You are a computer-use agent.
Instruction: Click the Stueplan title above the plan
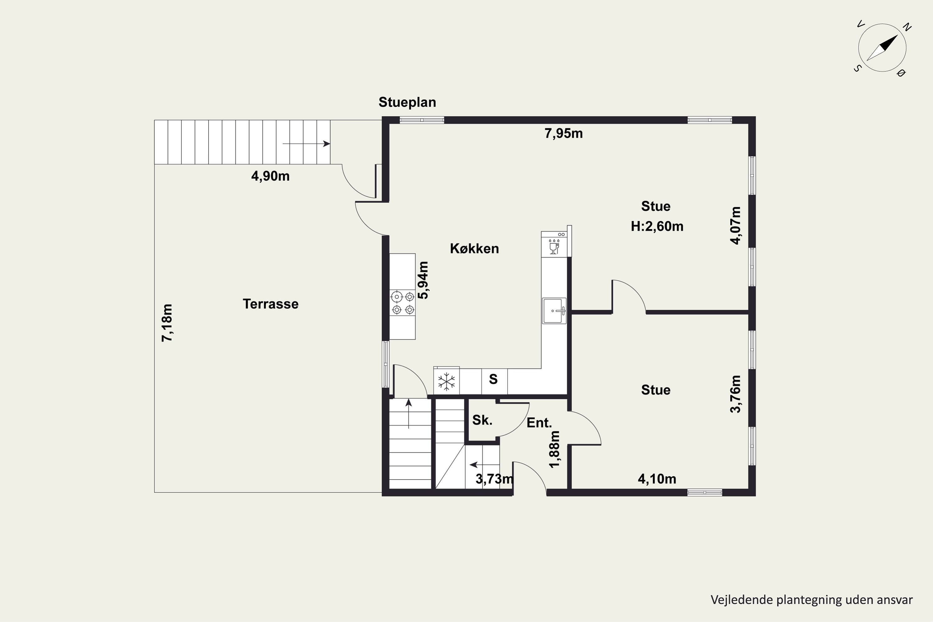pyautogui.click(x=407, y=102)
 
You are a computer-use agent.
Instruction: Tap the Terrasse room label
pyautogui.click(x=271, y=304)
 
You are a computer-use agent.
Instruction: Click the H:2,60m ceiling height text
pyautogui.click(x=657, y=226)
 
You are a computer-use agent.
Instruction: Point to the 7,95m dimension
pyautogui.click(x=563, y=134)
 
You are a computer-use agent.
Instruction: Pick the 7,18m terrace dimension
pyautogui.click(x=167, y=323)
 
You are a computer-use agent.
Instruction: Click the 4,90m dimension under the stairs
pyautogui.click(x=270, y=176)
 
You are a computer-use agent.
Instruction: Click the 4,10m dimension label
pyautogui.click(x=657, y=479)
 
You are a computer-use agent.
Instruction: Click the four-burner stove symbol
pyautogui.click(x=403, y=303)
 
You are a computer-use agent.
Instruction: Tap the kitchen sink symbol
pyautogui.click(x=554, y=311)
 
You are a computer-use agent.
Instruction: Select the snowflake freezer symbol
pyautogui.click(x=446, y=382)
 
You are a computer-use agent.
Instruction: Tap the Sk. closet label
pyautogui.click(x=482, y=420)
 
